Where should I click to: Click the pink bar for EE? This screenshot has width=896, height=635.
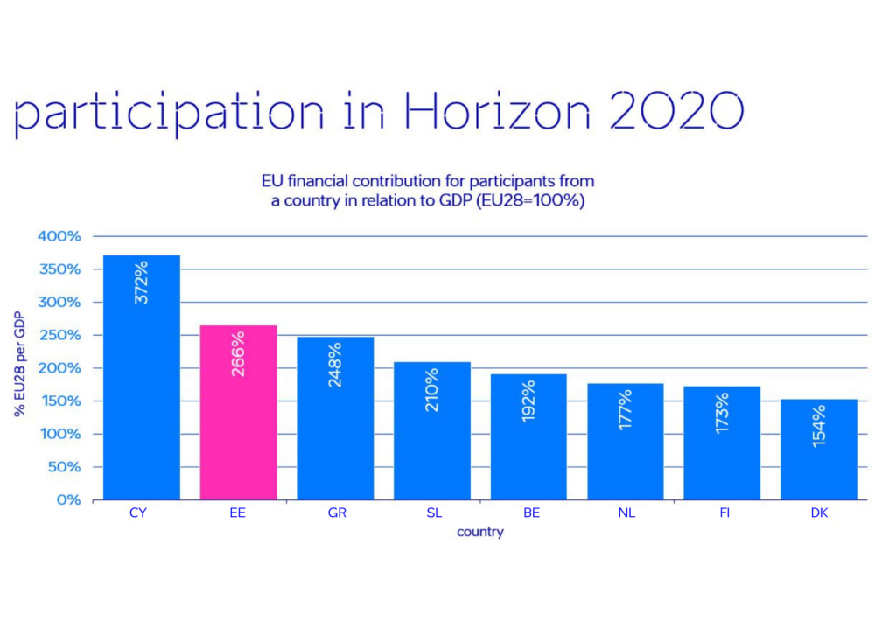tap(238, 412)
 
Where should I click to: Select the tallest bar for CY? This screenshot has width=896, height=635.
tap(142, 378)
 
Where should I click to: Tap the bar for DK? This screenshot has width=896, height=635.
tap(819, 450)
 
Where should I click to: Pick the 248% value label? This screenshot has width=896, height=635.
tap(335, 365)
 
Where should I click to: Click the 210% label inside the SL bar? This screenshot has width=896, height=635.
tap(432, 390)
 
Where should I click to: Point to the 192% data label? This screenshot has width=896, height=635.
tap(528, 401)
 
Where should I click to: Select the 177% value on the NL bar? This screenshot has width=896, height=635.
tap(625, 409)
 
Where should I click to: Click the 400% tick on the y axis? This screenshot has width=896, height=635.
tap(59, 236)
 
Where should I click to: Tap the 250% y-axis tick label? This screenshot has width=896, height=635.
tap(59, 335)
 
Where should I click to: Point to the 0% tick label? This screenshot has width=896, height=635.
tap(68, 500)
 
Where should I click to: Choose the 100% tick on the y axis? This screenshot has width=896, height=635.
tap(60, 434)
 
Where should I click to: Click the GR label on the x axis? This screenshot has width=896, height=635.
tap(337, 513)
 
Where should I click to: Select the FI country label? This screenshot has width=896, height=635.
tap(724, 513)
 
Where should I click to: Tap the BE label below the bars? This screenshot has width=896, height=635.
tap(531, 513)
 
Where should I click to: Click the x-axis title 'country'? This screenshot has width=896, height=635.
tap(480, 532)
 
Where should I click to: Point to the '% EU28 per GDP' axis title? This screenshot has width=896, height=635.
tap(20, 364)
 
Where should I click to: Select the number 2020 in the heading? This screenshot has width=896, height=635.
tap(677, 110)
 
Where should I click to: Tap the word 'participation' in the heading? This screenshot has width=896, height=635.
tap(169, 115)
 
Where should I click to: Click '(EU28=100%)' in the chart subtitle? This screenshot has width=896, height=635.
tap(530, 201)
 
